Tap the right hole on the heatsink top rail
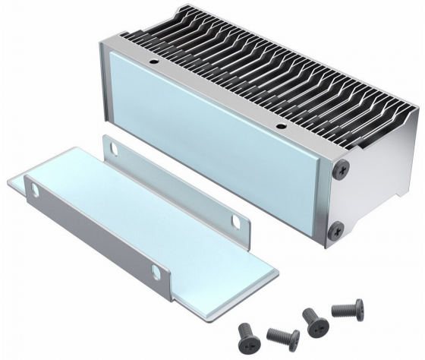coord(280,125)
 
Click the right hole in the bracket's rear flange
coord(242,221)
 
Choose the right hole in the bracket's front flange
coord(156,272)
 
